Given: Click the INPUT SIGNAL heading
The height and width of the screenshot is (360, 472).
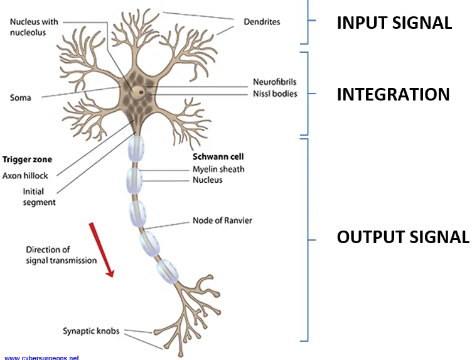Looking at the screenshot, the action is coord(394,23).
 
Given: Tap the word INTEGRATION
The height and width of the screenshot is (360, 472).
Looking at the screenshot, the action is coord(393,94).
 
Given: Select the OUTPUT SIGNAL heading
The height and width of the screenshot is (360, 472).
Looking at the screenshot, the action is coord(403,237).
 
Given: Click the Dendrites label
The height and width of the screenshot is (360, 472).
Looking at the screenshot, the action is coord(262,22).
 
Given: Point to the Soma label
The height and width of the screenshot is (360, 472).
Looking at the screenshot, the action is coord(21,97).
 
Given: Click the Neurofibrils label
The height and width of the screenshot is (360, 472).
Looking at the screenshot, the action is coord(274,82).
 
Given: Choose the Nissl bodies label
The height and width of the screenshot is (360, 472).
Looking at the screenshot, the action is coord(275,94).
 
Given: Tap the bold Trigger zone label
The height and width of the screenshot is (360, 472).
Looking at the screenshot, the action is coord(27,160).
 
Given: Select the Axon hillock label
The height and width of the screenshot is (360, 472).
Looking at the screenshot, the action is coord(25,176).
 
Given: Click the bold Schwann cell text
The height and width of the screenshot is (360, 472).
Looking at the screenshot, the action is coord(218,156).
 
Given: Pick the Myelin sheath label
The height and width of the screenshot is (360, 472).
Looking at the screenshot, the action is coord(218,169).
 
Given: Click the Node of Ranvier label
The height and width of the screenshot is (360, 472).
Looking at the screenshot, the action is coord(222,221).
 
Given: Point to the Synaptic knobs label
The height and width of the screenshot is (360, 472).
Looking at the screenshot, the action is coord(91,331).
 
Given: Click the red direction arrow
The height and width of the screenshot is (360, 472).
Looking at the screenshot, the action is coord(102,250).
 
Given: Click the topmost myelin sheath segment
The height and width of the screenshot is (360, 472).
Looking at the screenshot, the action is coord(136,149).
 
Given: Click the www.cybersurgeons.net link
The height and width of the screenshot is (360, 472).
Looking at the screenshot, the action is coord(41,357).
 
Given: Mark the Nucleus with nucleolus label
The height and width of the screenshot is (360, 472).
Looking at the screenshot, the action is coord(34,27).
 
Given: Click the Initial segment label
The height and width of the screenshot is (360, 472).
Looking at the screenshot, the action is coord(39,197).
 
